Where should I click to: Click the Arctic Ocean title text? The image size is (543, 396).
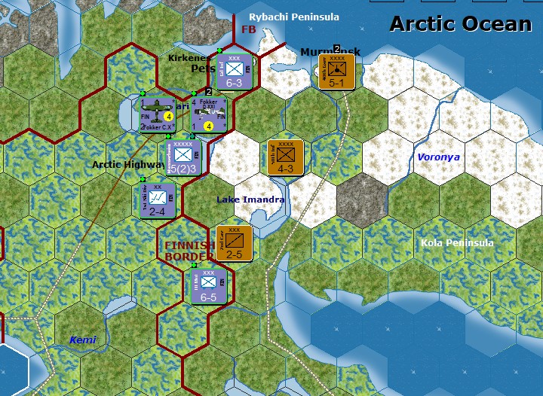tap(460, 23)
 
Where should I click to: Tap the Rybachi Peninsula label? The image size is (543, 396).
tap(294, 17)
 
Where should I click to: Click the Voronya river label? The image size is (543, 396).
tap(438, 157)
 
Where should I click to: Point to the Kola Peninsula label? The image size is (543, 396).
tap(457, 243)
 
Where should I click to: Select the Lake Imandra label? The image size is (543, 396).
tap(250, 200)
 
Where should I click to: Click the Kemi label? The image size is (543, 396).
tap(83, 340)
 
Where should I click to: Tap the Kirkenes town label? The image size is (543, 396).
tap(188, 57)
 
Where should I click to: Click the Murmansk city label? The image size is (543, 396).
tap(330, 52)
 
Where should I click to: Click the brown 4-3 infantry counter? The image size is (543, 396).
tap(286, 157)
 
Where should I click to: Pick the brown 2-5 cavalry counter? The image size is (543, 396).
tap(234, 243)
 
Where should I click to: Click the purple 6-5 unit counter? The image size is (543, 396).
tap(208, 285)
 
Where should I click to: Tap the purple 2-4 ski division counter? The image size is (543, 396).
tap(157, 200)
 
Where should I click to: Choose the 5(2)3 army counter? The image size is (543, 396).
tap(183, 157)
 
